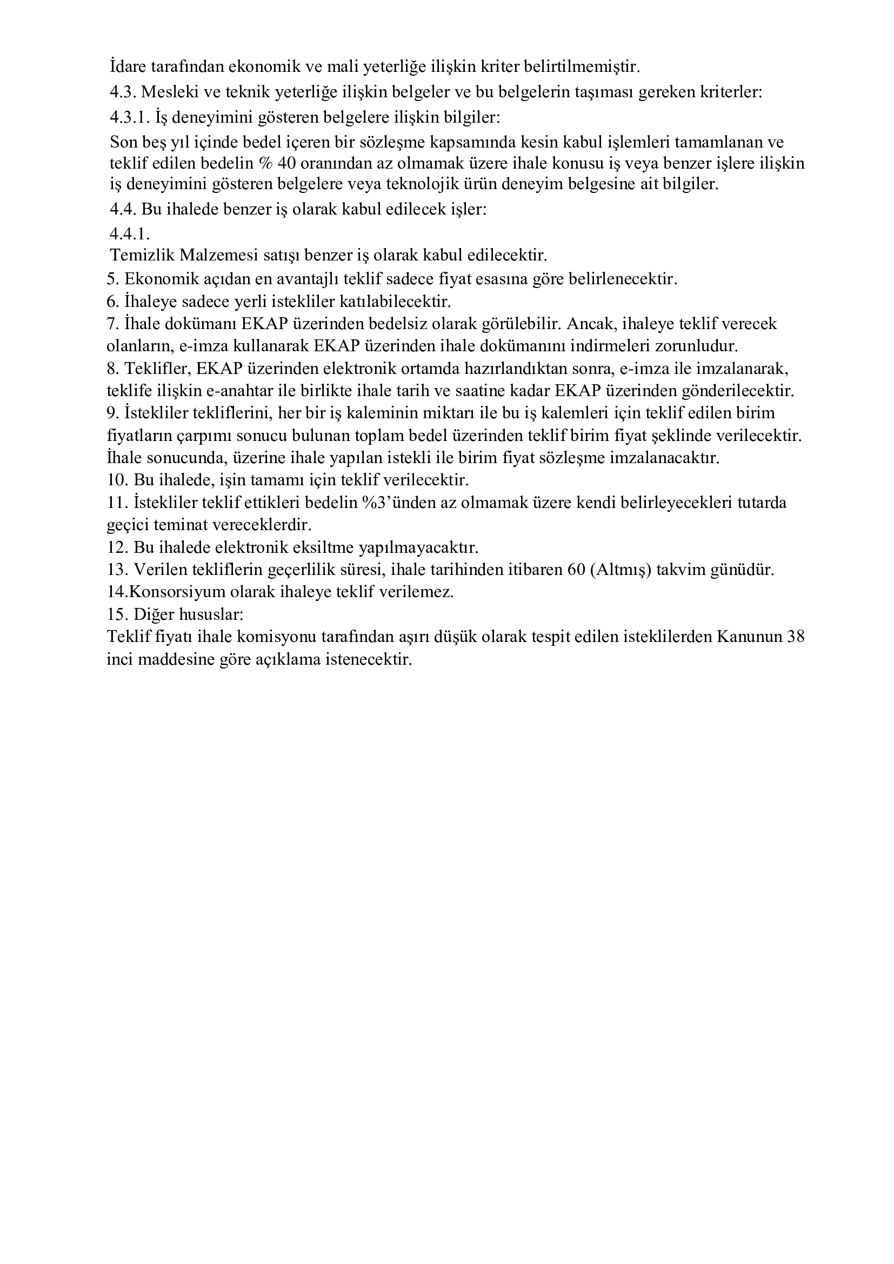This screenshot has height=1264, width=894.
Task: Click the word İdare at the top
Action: [x=127, y=67]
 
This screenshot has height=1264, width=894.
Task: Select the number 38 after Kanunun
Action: [x=796, y=637]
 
